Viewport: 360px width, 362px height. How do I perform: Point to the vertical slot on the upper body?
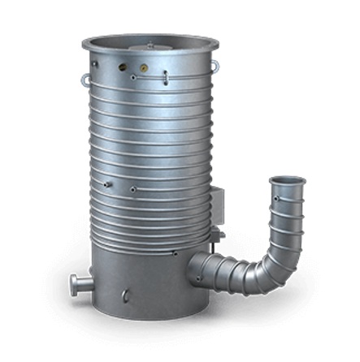coord(165,77)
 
